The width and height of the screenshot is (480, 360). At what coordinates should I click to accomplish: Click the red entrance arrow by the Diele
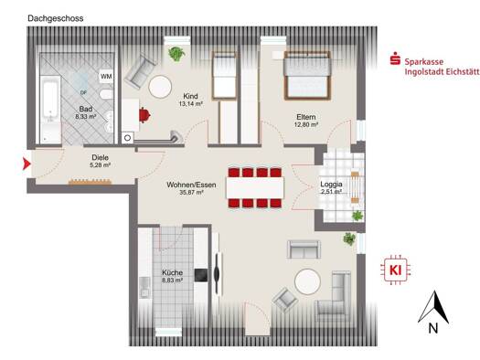coord(27,164)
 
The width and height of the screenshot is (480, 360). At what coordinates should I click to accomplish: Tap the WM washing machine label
coord(106,77)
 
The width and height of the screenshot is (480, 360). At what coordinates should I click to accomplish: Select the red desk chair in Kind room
coord(144,115)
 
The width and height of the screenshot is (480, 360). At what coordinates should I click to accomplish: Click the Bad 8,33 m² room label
coord(86,112)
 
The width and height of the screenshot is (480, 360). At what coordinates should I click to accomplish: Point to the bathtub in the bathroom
coord(50,109)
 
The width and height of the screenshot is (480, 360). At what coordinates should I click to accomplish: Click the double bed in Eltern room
coord(307,76)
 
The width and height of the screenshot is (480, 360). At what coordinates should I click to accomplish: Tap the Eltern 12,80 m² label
coord(305,121)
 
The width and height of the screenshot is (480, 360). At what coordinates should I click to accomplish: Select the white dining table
coord(255,188)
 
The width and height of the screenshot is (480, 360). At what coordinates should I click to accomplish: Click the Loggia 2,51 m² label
coord(331,188)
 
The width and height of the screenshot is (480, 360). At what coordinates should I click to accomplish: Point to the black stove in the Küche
coord(201,275)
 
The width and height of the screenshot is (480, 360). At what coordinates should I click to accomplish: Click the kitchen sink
coord(144,288)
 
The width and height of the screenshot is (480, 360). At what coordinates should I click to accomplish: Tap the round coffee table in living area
coord(307,281)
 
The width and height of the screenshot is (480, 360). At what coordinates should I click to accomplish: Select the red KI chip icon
coord(395,270)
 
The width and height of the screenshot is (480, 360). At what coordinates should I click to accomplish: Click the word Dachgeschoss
coord(56,18)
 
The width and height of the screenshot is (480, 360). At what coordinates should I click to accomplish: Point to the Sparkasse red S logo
coord(395,58)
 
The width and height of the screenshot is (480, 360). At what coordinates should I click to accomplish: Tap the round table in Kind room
coord(160,87)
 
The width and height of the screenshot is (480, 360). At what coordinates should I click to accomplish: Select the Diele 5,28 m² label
coord(101,161)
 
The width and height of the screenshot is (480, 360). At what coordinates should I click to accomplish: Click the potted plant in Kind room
coord(176,54)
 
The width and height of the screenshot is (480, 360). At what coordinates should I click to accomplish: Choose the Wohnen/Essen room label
coord(191,188)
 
